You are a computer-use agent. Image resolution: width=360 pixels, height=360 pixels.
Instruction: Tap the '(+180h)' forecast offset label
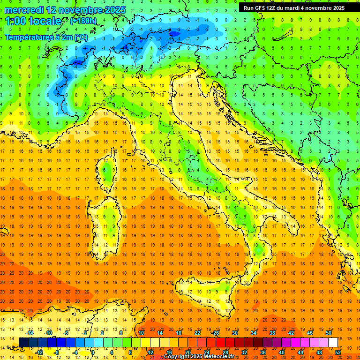click(83, 21)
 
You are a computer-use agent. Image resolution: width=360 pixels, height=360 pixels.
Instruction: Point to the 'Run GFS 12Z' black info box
click(294, 7)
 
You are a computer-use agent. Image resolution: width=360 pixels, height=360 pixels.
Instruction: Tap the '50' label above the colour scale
click(328, 333)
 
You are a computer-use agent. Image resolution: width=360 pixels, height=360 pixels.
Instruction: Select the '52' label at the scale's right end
click(338, 352)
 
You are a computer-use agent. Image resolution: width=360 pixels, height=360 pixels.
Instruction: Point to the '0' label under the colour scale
click(92, 352)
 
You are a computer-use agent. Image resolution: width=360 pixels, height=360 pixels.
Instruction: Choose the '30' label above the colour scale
click(234, 333)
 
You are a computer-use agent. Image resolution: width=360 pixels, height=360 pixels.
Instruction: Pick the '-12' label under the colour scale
click(39, 352)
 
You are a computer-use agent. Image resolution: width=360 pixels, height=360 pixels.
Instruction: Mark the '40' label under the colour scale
click(282, 352)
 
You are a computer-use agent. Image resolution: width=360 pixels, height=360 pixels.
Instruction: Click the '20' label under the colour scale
click(187, 352)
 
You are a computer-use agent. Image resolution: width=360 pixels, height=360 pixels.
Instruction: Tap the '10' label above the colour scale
click(141, 333)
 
